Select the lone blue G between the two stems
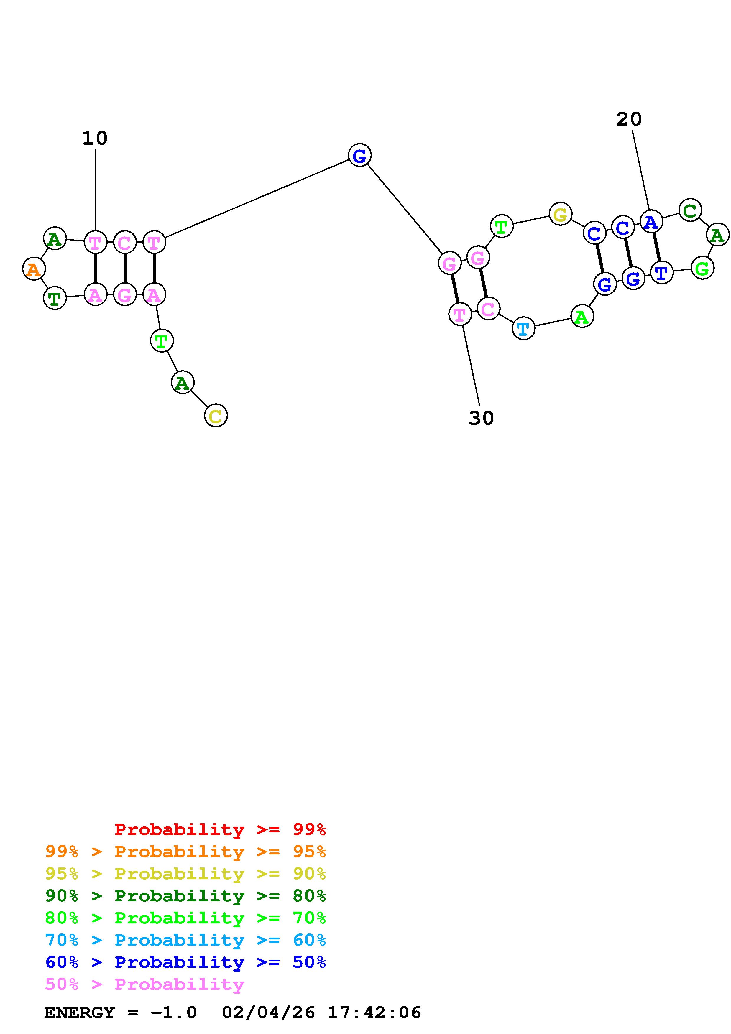pyautogui.click(x=359, y=155)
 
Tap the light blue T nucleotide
pyautogui.click(x=523, y=328)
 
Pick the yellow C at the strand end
pyautogui.click(x=216, y=415)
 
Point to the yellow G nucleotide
pyautogui.click(x=560, y=214)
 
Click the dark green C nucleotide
pyautogui.click(x=689, y=210)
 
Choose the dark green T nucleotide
pyautogui.click(x=55, y=298)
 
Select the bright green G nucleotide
pyautogui.click(x=702, y=269)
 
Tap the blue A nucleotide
pyautogui.click(x=651, y=222)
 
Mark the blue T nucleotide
pyautogui.click(x=661, y=272)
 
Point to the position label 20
pyautogui.click(x=628, y=119)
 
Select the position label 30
pyautogui.click(x=481, y=418)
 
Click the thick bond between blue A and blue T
pyautogui.click(x=656, y=247)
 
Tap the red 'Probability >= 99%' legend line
pyautogui.click(x=220, y=829)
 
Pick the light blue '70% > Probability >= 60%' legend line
pyautogui.click(x=185, y=940)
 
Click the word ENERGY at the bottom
pyautogui.click(x=79, y=1012)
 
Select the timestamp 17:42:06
pyautogui.click(x=374, y=1012)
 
